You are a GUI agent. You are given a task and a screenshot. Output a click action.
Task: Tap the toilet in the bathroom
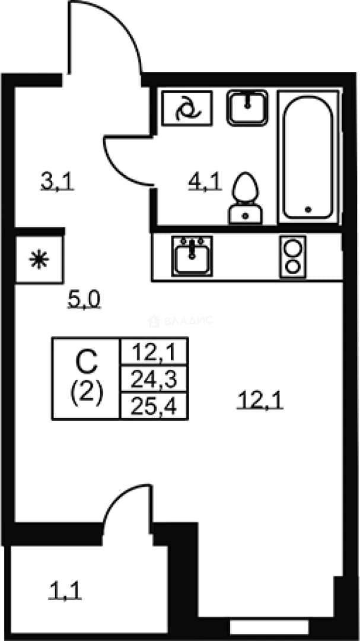click(245, 198)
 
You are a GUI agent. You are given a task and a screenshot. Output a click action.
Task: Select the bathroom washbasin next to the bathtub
click(248, 107)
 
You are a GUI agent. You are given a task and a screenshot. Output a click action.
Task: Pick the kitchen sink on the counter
click(192, 255)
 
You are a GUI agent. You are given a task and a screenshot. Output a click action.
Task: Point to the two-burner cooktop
click(293, 257)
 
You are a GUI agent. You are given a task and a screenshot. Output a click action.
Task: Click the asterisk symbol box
click(39, 259)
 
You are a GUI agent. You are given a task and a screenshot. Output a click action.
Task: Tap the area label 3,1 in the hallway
click(57, 182)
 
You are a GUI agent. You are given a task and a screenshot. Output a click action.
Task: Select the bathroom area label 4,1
click(205, 182)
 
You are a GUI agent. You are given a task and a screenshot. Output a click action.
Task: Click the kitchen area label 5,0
click(84, 301)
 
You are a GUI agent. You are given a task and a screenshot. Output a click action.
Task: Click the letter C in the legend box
click(87, 363)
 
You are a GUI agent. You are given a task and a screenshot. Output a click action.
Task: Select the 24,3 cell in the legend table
click(154, 379)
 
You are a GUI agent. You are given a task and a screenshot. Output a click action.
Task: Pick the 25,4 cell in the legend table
click(154, 406)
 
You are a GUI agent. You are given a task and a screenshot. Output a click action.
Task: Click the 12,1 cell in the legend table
click(154, 351)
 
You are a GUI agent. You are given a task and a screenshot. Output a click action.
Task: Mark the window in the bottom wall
click(269, 626)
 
